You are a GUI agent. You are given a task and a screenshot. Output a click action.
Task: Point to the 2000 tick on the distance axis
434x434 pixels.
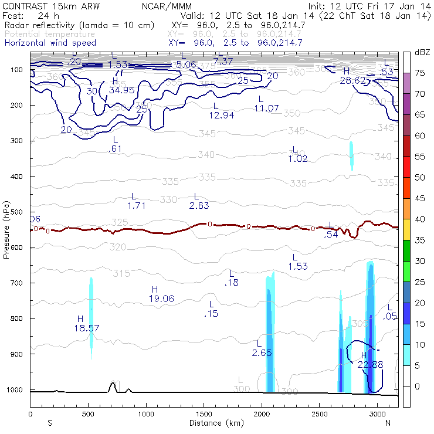(261, 413)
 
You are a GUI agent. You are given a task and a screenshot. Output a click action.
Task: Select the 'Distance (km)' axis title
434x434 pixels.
(214, 422)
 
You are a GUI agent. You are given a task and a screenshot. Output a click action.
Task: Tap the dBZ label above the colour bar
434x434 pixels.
(421, 53)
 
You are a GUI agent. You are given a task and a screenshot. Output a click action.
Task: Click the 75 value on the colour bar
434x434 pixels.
(420, 73)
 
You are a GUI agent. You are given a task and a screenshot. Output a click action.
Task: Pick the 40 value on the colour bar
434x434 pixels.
(420, 219)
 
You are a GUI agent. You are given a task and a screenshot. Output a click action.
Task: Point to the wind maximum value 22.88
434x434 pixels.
(370, 364)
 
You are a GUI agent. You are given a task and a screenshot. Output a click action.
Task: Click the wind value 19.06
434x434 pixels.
(161, 299)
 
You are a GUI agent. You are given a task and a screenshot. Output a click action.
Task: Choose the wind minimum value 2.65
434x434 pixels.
(262, 352)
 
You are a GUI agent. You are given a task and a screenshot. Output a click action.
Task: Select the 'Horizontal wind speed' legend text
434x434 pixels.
(50, 43)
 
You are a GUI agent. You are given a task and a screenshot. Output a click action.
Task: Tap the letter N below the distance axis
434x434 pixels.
(387, 422)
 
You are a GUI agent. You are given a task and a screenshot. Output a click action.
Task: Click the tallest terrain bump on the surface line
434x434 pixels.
(112, 384)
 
